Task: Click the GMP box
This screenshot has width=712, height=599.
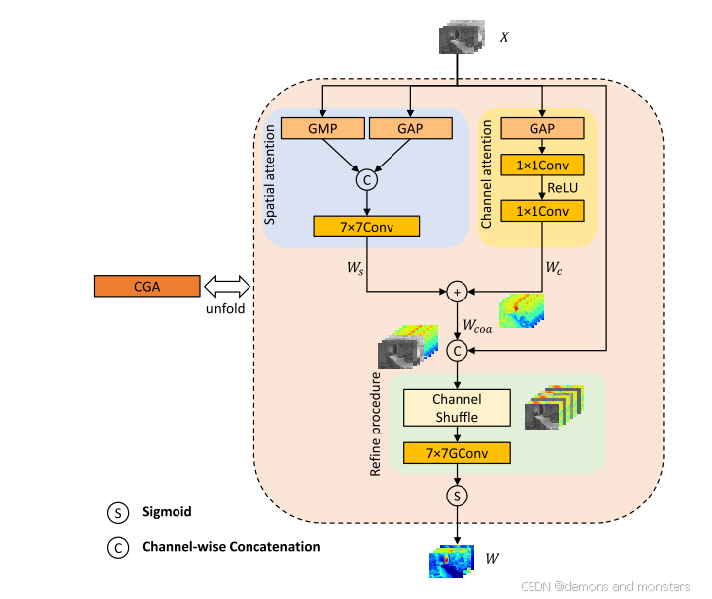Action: (x=322, y=128)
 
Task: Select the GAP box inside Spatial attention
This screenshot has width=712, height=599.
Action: (x=409, y=128)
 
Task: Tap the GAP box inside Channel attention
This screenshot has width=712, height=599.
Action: (x=542, y=128)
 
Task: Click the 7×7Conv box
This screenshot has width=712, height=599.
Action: (x=367, y=226)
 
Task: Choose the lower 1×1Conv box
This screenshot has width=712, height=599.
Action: (x=542, y=210)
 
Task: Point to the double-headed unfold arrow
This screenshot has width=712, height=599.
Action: (x=227, y=286)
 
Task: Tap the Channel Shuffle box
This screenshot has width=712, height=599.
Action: (x=457, y=407)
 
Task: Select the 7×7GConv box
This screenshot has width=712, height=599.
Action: (x=457, y=452)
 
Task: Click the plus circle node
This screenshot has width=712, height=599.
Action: (x=457, y=292)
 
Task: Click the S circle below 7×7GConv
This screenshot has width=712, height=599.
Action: (x=457, y=494)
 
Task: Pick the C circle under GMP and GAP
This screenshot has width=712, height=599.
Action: (x=367, y=180)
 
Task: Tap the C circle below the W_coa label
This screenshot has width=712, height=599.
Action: (x=457, y=349)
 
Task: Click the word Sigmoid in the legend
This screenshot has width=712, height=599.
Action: (x=166, y=512)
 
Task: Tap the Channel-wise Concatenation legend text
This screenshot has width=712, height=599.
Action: (x=230, y=545)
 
